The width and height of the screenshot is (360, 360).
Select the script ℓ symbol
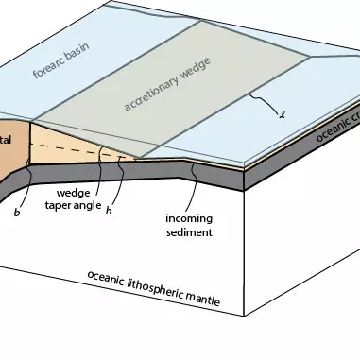point(283,117)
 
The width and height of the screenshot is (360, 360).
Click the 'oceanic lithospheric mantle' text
point(153,288)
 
